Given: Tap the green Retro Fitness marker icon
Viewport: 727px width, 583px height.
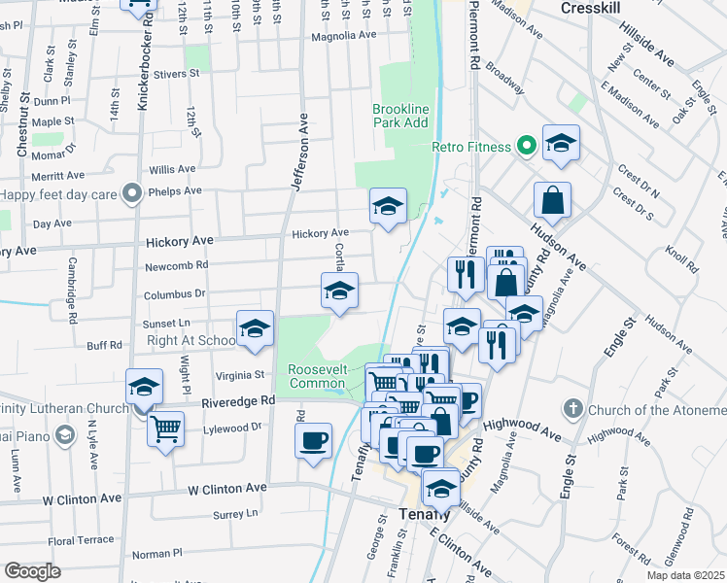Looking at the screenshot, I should pos(527,147).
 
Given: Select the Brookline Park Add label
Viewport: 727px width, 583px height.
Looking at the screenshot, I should pos(400,117).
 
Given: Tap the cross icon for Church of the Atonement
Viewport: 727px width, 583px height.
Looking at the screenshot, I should pos(573,408).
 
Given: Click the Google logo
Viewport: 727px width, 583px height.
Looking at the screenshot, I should pos(32,570).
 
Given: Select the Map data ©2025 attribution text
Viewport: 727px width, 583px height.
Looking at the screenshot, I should pos(684,575).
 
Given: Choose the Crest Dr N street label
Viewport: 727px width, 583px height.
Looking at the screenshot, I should pos(638,181).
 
